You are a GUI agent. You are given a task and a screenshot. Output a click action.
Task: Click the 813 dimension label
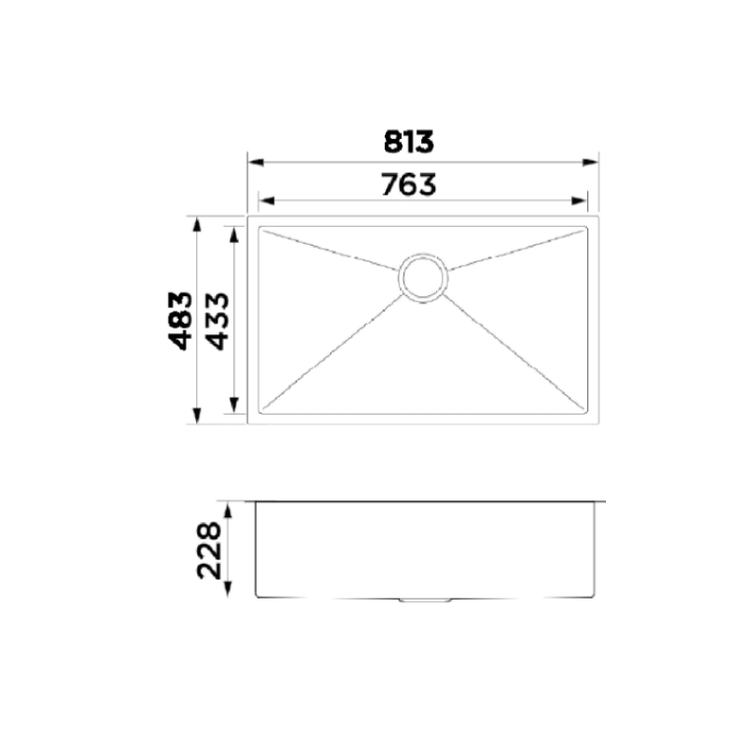(x=409, y=142)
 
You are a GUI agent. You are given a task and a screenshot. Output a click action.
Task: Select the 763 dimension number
(x=409, y=185)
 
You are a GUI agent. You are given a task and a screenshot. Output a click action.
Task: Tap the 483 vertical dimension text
(x=181, y=320)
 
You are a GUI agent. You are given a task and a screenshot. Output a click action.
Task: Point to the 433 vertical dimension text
(x=217, y=320)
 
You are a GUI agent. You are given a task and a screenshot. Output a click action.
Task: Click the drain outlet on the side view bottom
(x=423, y=600)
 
